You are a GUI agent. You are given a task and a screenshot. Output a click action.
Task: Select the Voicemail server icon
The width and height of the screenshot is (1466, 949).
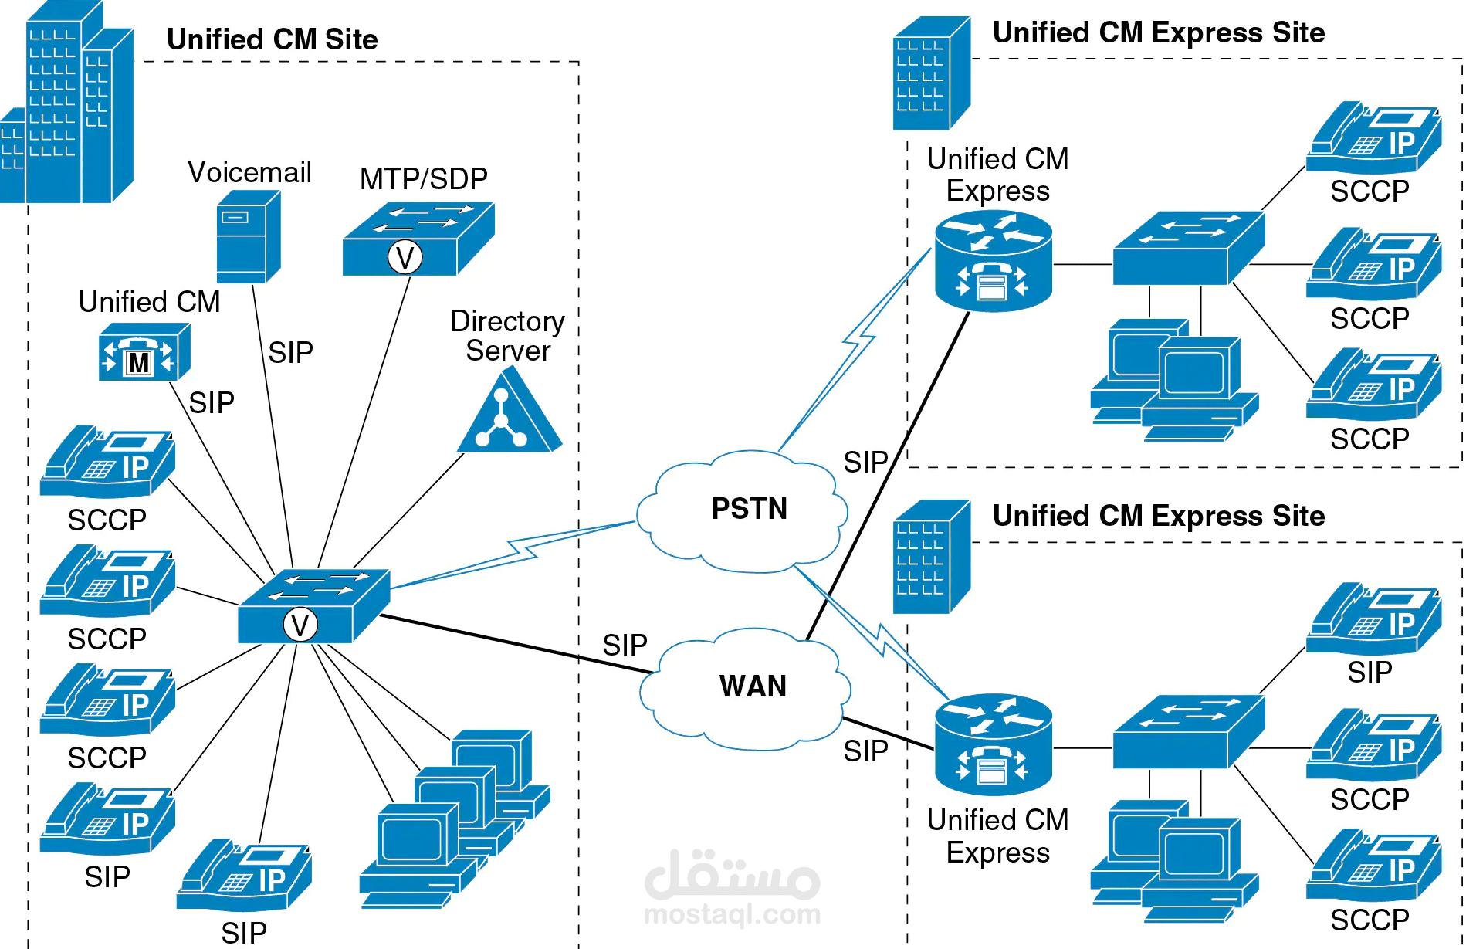point(247,237)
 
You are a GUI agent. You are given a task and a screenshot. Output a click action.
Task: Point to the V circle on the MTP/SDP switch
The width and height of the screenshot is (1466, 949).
point(405,257)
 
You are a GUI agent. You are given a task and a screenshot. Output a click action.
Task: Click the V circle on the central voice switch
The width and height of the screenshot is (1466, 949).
point(300,625)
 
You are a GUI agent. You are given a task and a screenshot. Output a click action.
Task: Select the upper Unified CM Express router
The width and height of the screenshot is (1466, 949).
point(993,261)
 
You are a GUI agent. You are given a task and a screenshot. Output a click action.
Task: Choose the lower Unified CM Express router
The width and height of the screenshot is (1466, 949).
point(993,744)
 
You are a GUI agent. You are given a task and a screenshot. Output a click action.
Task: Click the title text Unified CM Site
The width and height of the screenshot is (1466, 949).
point(272,39)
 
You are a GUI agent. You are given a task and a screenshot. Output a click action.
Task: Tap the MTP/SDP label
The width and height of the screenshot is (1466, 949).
point(423,178)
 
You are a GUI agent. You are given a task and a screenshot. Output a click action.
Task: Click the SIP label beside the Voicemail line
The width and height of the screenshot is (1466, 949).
point(290,353)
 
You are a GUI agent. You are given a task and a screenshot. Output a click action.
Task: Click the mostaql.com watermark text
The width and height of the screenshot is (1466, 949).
point(732,914)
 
